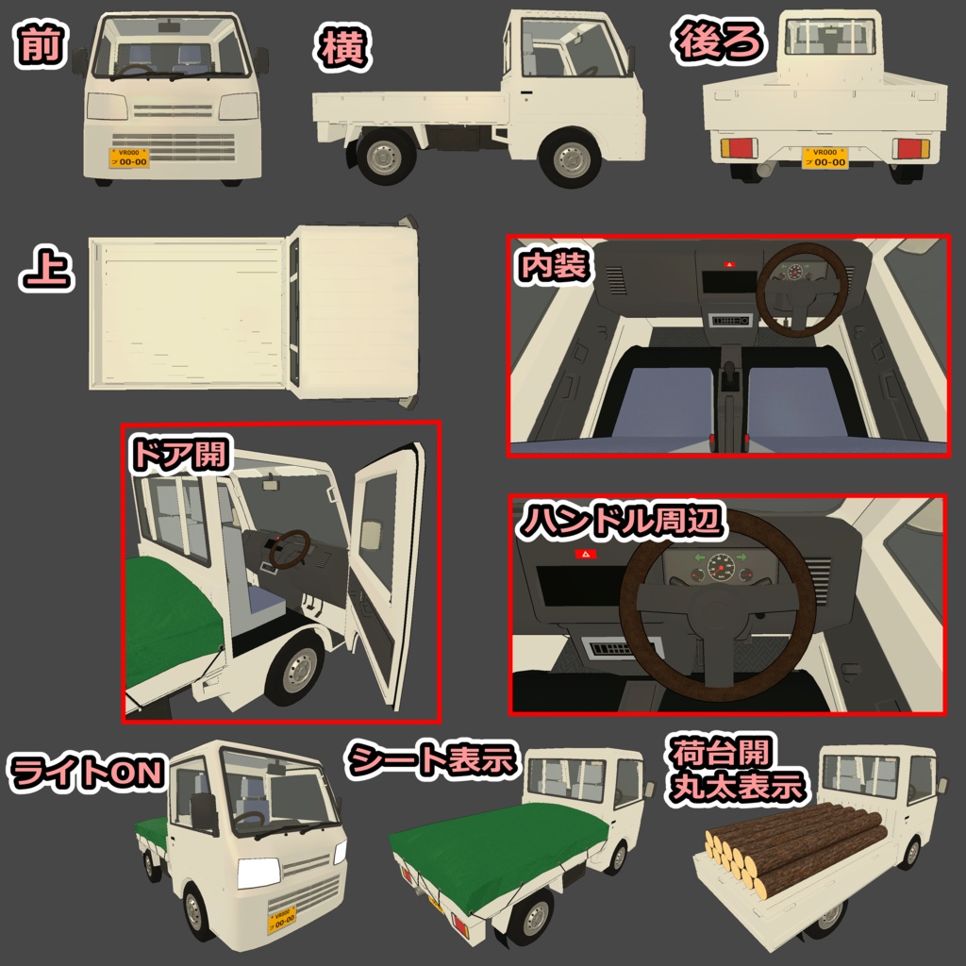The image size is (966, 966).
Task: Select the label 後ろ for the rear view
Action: [718, 42]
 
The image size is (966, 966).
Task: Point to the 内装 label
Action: [554, 265]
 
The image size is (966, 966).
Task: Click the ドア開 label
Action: [179, 454]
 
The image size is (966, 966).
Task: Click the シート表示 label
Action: [434, 758]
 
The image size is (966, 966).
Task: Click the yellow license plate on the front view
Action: [129, 158]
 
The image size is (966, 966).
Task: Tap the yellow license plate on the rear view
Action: [824, 158]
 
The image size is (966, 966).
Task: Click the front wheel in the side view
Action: [572, 158]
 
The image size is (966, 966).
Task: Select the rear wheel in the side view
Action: [387, 158]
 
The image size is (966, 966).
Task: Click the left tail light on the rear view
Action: [739, 148]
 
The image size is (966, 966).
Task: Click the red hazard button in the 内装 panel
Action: [727, 266]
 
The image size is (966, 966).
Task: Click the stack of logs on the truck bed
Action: [794, 847]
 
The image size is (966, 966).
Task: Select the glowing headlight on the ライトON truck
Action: [258, 873]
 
